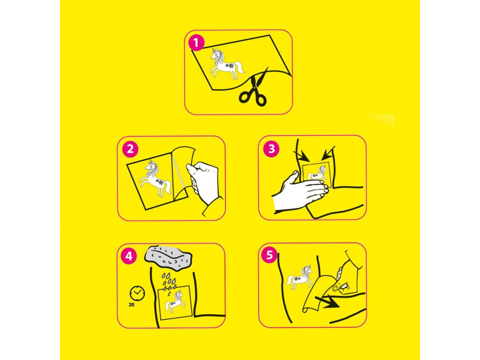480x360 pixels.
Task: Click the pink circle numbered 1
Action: [x=196, y=43]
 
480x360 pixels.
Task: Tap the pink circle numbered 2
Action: [x=130, y=149]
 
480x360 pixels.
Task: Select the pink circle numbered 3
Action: [x=271, y=149]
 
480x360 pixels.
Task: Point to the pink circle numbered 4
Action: [x=129, y=256]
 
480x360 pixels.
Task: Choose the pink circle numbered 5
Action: [x=270, y=255]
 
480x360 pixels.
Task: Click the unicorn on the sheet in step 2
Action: [x=156, y=179]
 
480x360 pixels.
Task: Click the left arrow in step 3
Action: [x=301, y=155]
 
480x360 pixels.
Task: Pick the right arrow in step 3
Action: [x=328, y=153]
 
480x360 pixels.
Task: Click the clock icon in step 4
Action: [x=137, y=293]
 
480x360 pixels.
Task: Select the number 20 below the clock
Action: [x=131, y=305]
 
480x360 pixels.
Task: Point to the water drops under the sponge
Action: [x=169, y=284]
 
